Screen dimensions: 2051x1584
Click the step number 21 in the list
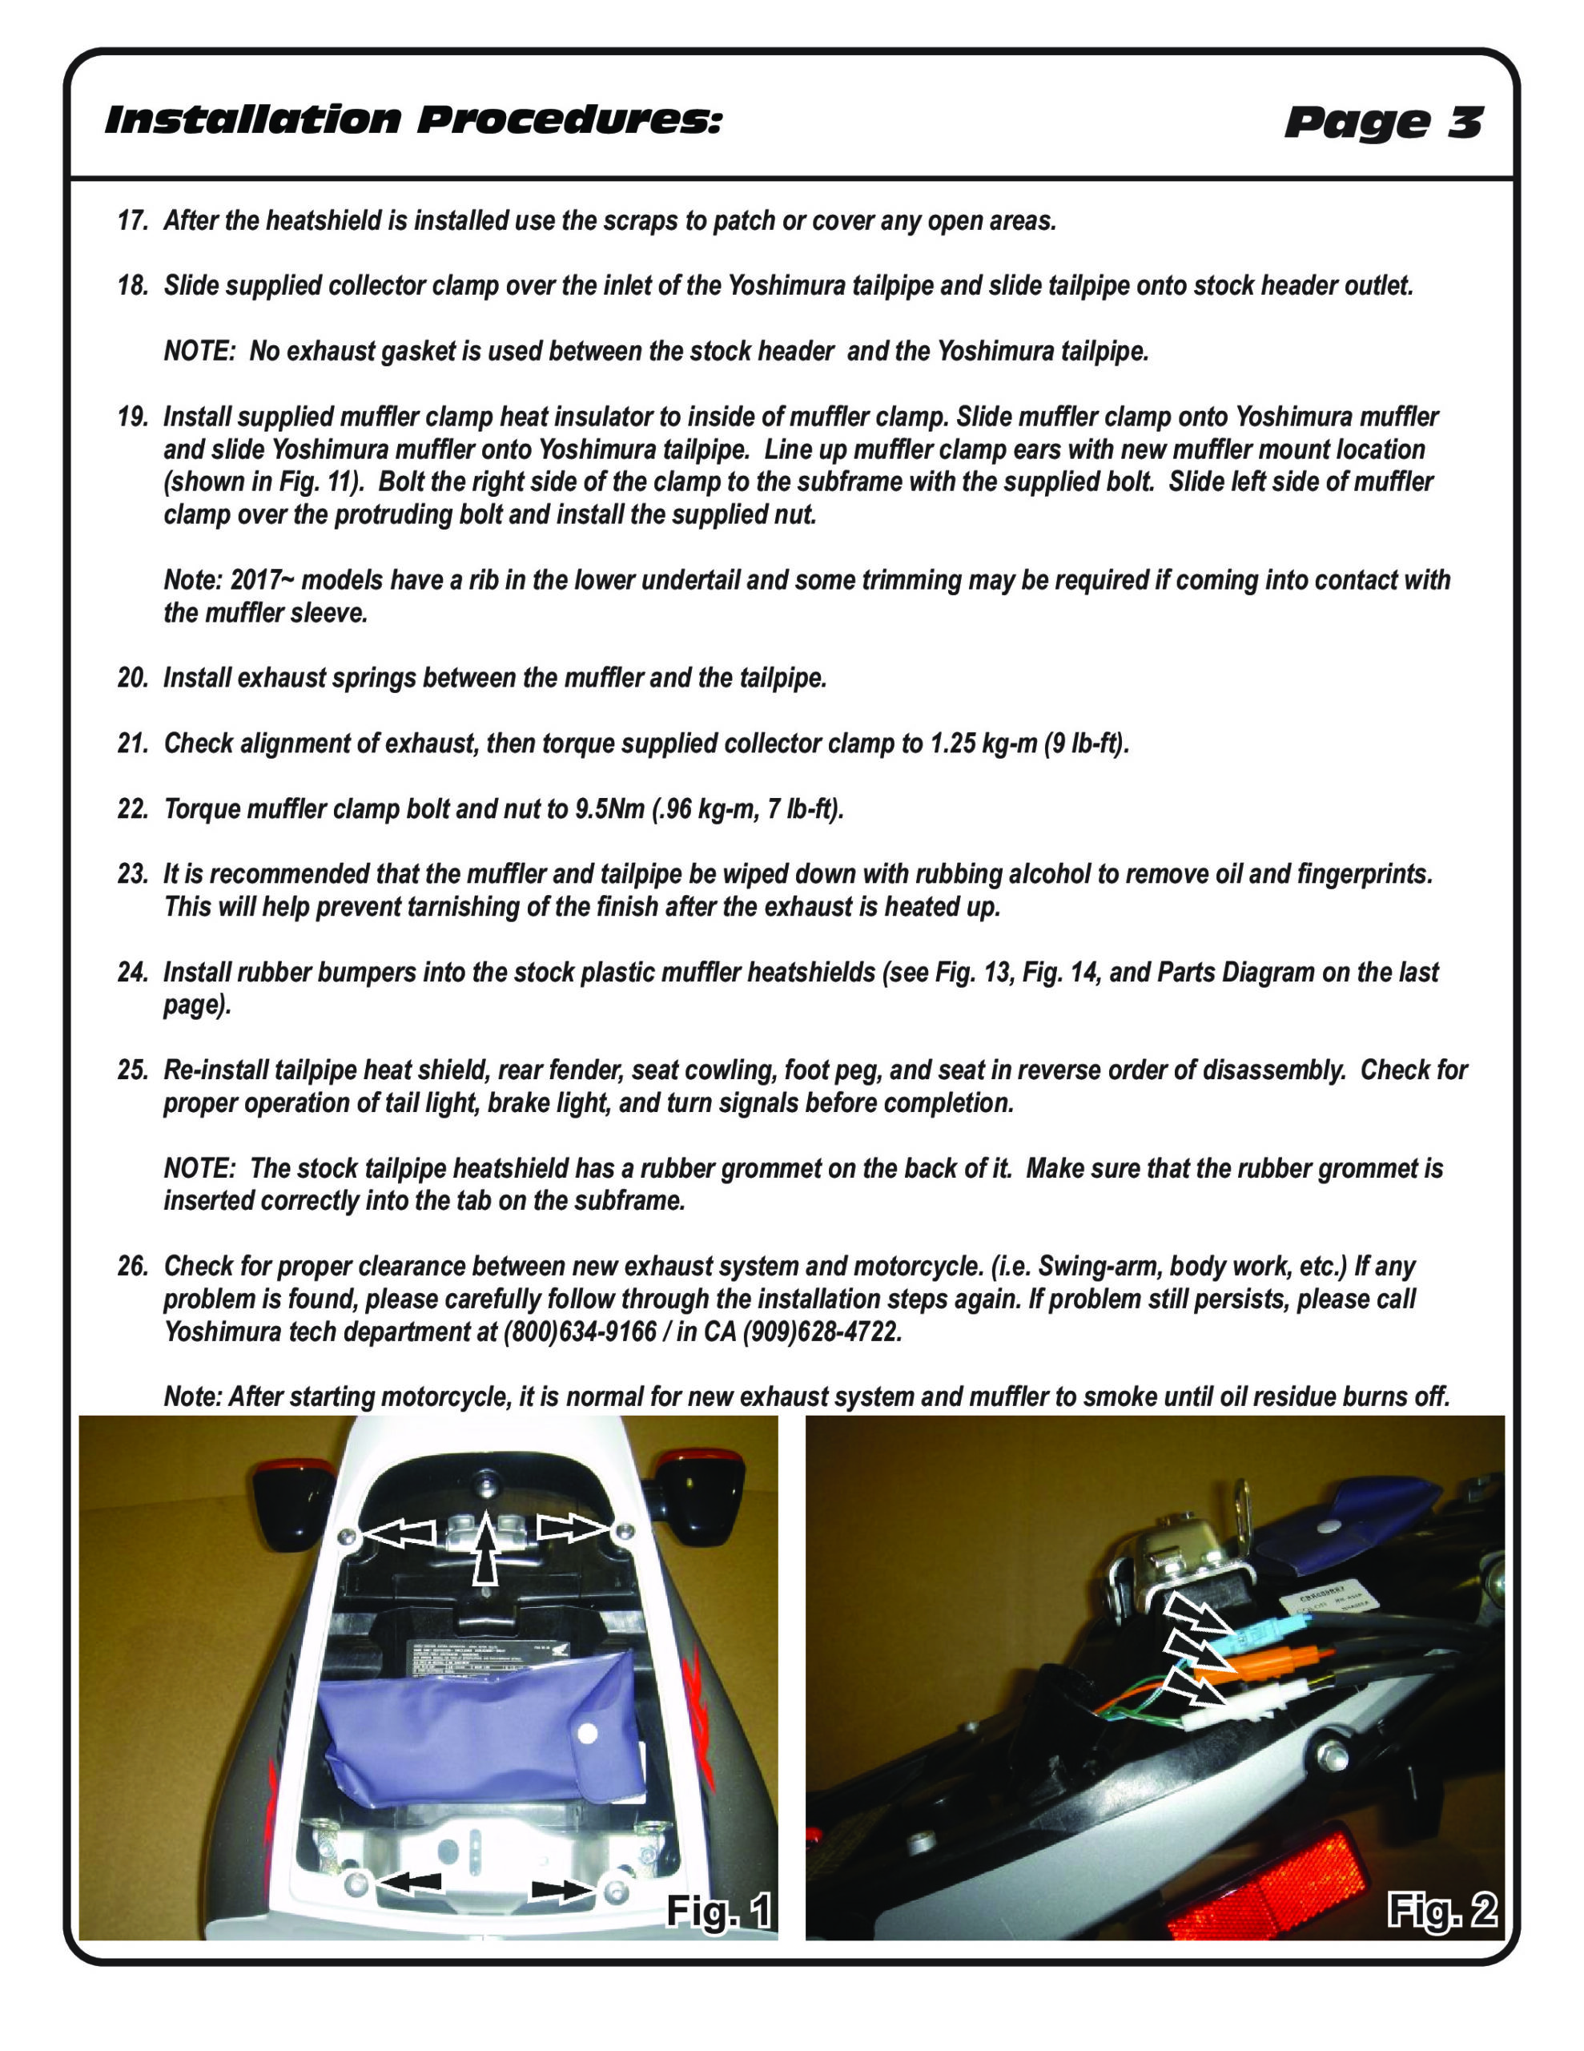point(131,743)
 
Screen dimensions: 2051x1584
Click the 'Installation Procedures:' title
point(413,120)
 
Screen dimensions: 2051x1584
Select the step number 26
point(131,1267)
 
